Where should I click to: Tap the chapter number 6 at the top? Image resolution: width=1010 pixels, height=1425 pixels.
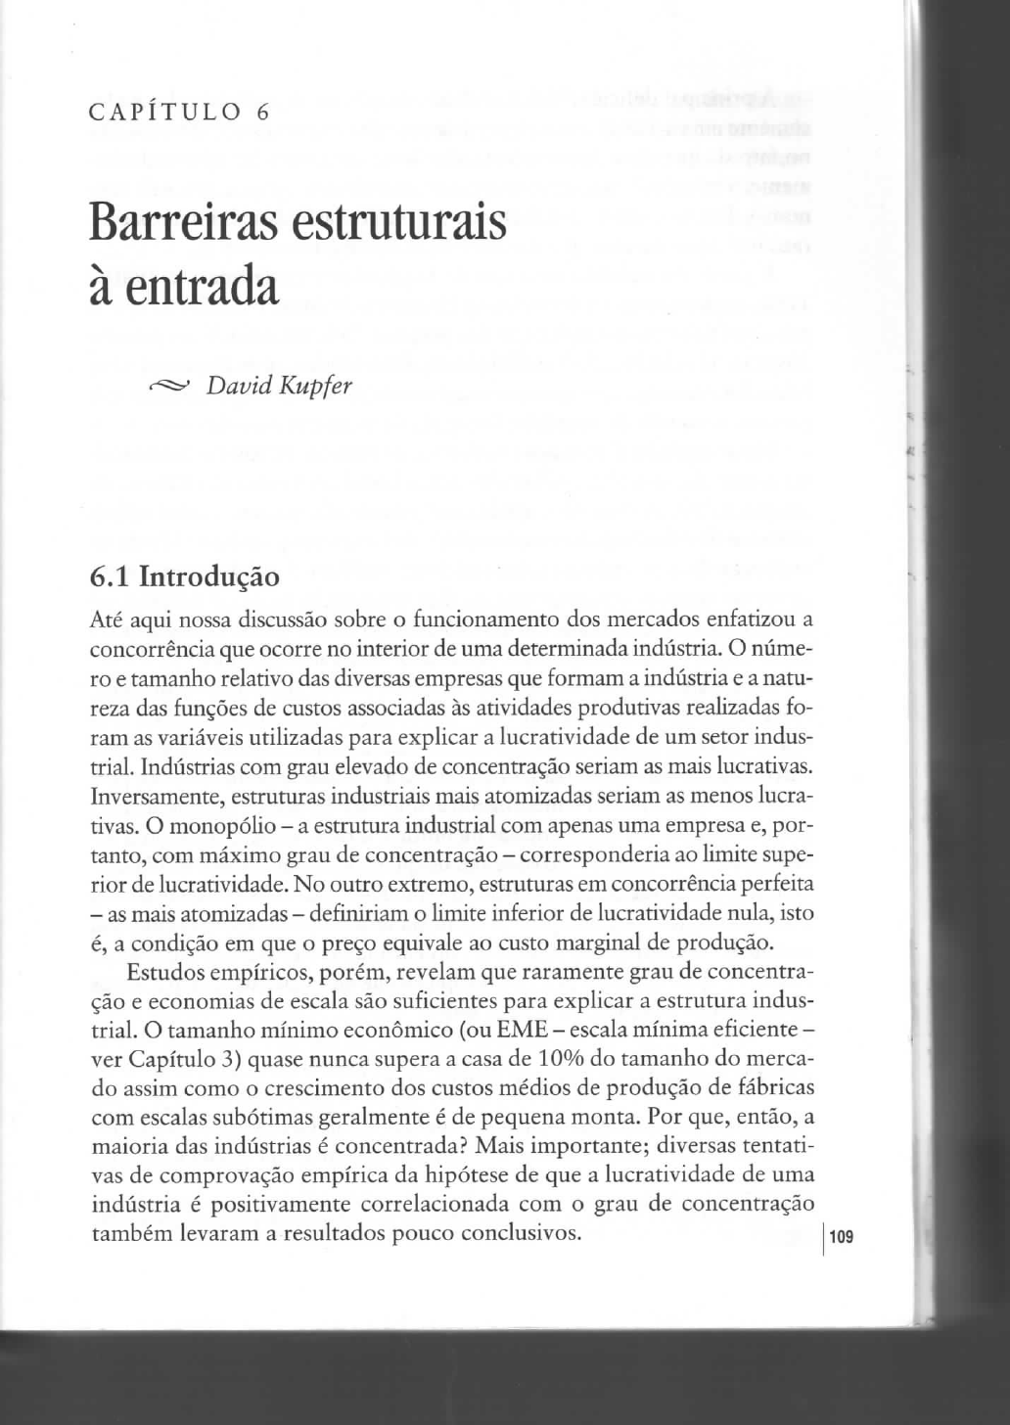coord(262,112)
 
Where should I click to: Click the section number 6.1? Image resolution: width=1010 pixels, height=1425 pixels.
coord(110,576)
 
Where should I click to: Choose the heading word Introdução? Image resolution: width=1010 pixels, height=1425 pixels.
coord(209,576)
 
